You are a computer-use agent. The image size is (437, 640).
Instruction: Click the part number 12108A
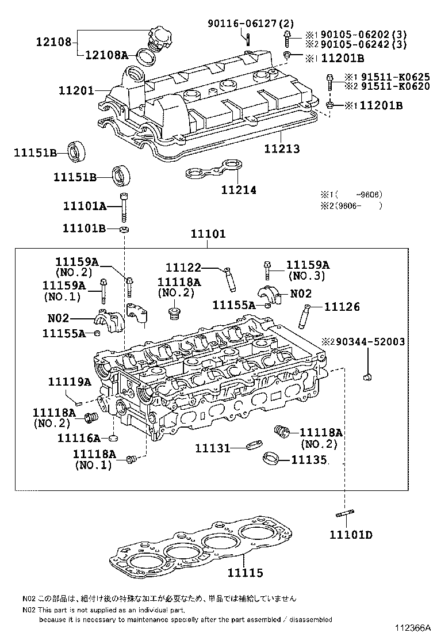pyautogui.click(x=108, y=55)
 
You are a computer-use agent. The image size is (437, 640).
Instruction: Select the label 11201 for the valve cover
pyautogui.click(x=77, y=90)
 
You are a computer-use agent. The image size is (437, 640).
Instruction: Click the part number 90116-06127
pyautogui.click(x=251, y=23)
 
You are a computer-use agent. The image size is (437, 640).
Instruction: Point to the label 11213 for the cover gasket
pyautogui.click(x=282, y=149)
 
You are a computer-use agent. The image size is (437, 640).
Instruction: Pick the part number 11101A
pyautogui.click(x=85, y=206)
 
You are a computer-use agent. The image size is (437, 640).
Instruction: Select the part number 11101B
pyautogui.click(x=85, y=228)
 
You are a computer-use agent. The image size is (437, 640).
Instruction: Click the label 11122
pyautogui.click(x=183, y=267)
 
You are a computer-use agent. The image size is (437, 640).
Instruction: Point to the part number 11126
pyautogui.click(x=342, y=307)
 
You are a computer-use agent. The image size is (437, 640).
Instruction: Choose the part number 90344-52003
pyautogui.click(x=370, y=342)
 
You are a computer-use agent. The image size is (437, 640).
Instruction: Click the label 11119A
pyautogui.click(x=70, y=382)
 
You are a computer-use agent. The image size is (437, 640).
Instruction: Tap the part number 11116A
pyautogui.click(x=79, y=438)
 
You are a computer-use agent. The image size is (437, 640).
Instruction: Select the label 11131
pyautogui.click(x=212, y=447)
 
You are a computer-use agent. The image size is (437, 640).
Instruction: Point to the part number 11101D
pyautogui.click(x=351, y=535)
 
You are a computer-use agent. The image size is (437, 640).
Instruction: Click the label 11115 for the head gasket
pyautogui.click(x=245, y=573)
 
